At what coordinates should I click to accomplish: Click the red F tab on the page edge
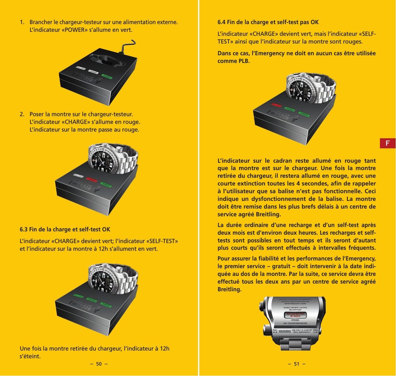pos(388,143)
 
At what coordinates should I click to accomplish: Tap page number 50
pos(99,364)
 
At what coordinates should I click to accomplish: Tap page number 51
pos(296,364)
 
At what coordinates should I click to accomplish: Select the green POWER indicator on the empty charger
pos(107,76)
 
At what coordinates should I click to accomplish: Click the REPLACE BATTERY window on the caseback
pos(295,315)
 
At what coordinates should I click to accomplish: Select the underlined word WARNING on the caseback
pos(285,331)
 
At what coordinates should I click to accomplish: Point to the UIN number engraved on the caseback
pos(295,323)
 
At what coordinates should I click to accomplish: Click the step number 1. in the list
pos(22,22)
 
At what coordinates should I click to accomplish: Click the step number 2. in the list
pos(22,115)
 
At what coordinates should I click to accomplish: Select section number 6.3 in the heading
pos(23,230)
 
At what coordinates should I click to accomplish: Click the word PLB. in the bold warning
pos(244,61)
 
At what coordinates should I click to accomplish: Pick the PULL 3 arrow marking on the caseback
pos(315,331)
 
